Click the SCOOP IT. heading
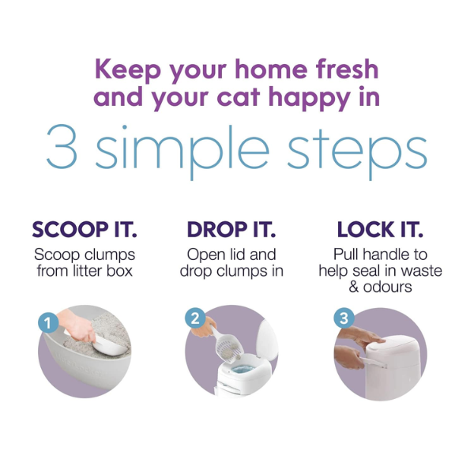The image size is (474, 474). pyautogui.click(x=85, y=230)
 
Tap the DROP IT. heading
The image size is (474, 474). pyautogui.click(x=231, y=230)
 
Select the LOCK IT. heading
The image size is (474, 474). pyautogui.click(x=379, y=230)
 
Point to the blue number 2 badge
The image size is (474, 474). pyautogui.click(x=193, y=318)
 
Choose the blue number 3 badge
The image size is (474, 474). pyautogui.click(x=342, y=318)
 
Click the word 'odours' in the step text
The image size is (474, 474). pyautogui.click(x=387, y=287)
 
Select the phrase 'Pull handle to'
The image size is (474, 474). pyautogui.click(x=380, y=254)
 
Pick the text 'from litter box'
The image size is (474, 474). pyautogui.click(x=85, y=271)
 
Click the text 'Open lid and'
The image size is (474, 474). pyautogui.click(x=231, y=254)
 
